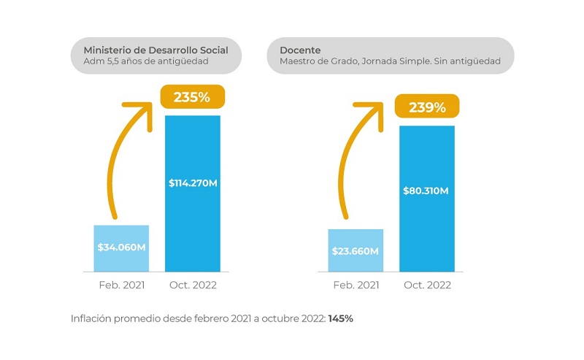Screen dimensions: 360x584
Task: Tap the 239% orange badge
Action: (x=427, y=107)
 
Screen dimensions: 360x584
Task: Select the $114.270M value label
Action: (x=193, y=182)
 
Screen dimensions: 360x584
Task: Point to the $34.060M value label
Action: (x=121, y=247)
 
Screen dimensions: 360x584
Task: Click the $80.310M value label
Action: (x=427, y=191)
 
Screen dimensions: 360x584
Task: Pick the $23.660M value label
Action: (x=356, y=251)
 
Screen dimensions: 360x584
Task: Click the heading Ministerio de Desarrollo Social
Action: (x=155, y=50)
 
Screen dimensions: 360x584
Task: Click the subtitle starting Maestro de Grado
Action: (x=390, y=61)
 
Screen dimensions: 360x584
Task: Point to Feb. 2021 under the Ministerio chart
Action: (x=121, y=285)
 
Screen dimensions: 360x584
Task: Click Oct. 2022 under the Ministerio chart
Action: (x=193, y=285)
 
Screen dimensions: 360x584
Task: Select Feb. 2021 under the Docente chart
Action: (x=356, y=285)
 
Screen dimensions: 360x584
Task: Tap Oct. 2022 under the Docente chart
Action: (x=427, y=285)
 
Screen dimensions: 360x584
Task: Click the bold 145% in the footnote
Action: (x=340, y=319)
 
